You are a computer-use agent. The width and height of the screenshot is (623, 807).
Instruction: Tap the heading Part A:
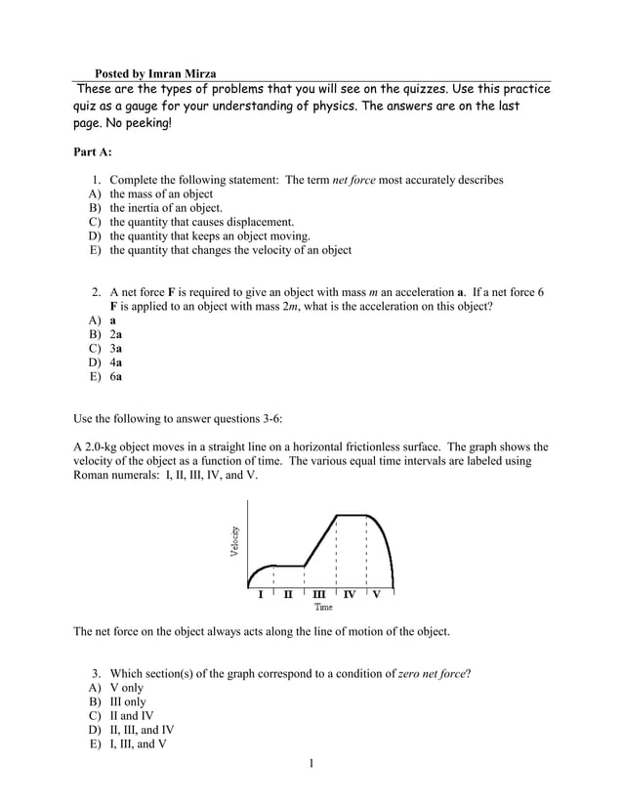click(93, 152)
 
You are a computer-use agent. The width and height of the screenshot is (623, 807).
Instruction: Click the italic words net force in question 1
click(355, 181)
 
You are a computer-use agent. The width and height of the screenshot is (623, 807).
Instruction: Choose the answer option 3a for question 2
click(115, 348)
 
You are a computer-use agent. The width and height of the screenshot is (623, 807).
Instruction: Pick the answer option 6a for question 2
click(115, 375)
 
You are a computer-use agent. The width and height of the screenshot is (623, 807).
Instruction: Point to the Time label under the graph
click(323, 607)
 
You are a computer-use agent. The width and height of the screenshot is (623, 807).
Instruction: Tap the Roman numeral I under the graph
click(259, 593)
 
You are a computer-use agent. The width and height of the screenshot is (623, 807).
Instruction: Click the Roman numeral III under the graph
click(319, 593)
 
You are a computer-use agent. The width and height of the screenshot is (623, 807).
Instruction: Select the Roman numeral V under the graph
click(377, 593)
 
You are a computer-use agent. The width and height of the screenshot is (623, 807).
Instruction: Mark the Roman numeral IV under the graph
click(349, 593)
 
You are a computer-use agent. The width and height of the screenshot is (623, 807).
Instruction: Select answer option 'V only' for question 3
click(126, 688)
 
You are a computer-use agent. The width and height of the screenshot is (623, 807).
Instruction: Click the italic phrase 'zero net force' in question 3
click(433, 674)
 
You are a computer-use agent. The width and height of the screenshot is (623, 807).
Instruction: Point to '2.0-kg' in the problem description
click(103, 446)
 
